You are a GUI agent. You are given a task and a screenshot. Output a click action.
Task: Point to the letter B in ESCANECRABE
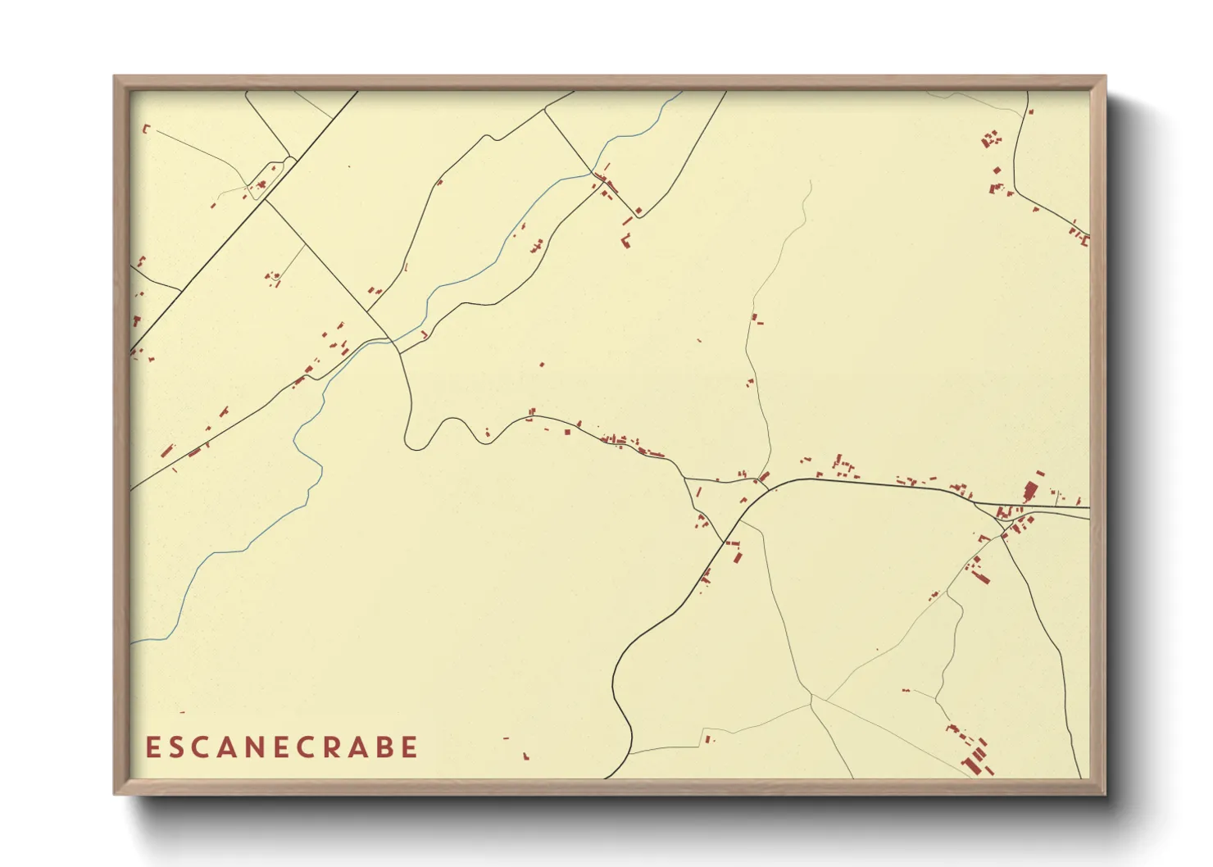pos(384,747)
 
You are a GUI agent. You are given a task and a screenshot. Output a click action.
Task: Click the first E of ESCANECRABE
pos(152,747)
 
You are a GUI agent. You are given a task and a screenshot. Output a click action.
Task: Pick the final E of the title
pos(411,747)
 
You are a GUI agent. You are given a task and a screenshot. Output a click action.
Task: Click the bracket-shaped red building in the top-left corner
pos(146,128)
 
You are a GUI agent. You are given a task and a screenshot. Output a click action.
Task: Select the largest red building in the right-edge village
pos(1030,491)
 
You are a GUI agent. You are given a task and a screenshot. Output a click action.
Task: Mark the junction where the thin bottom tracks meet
pos(811,699)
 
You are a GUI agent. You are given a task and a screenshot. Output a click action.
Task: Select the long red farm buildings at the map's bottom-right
pos(975,758)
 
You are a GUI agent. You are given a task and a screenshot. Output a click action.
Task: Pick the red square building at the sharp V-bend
pos(638,211)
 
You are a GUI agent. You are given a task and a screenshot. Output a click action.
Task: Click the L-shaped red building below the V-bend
pos(626,241)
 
